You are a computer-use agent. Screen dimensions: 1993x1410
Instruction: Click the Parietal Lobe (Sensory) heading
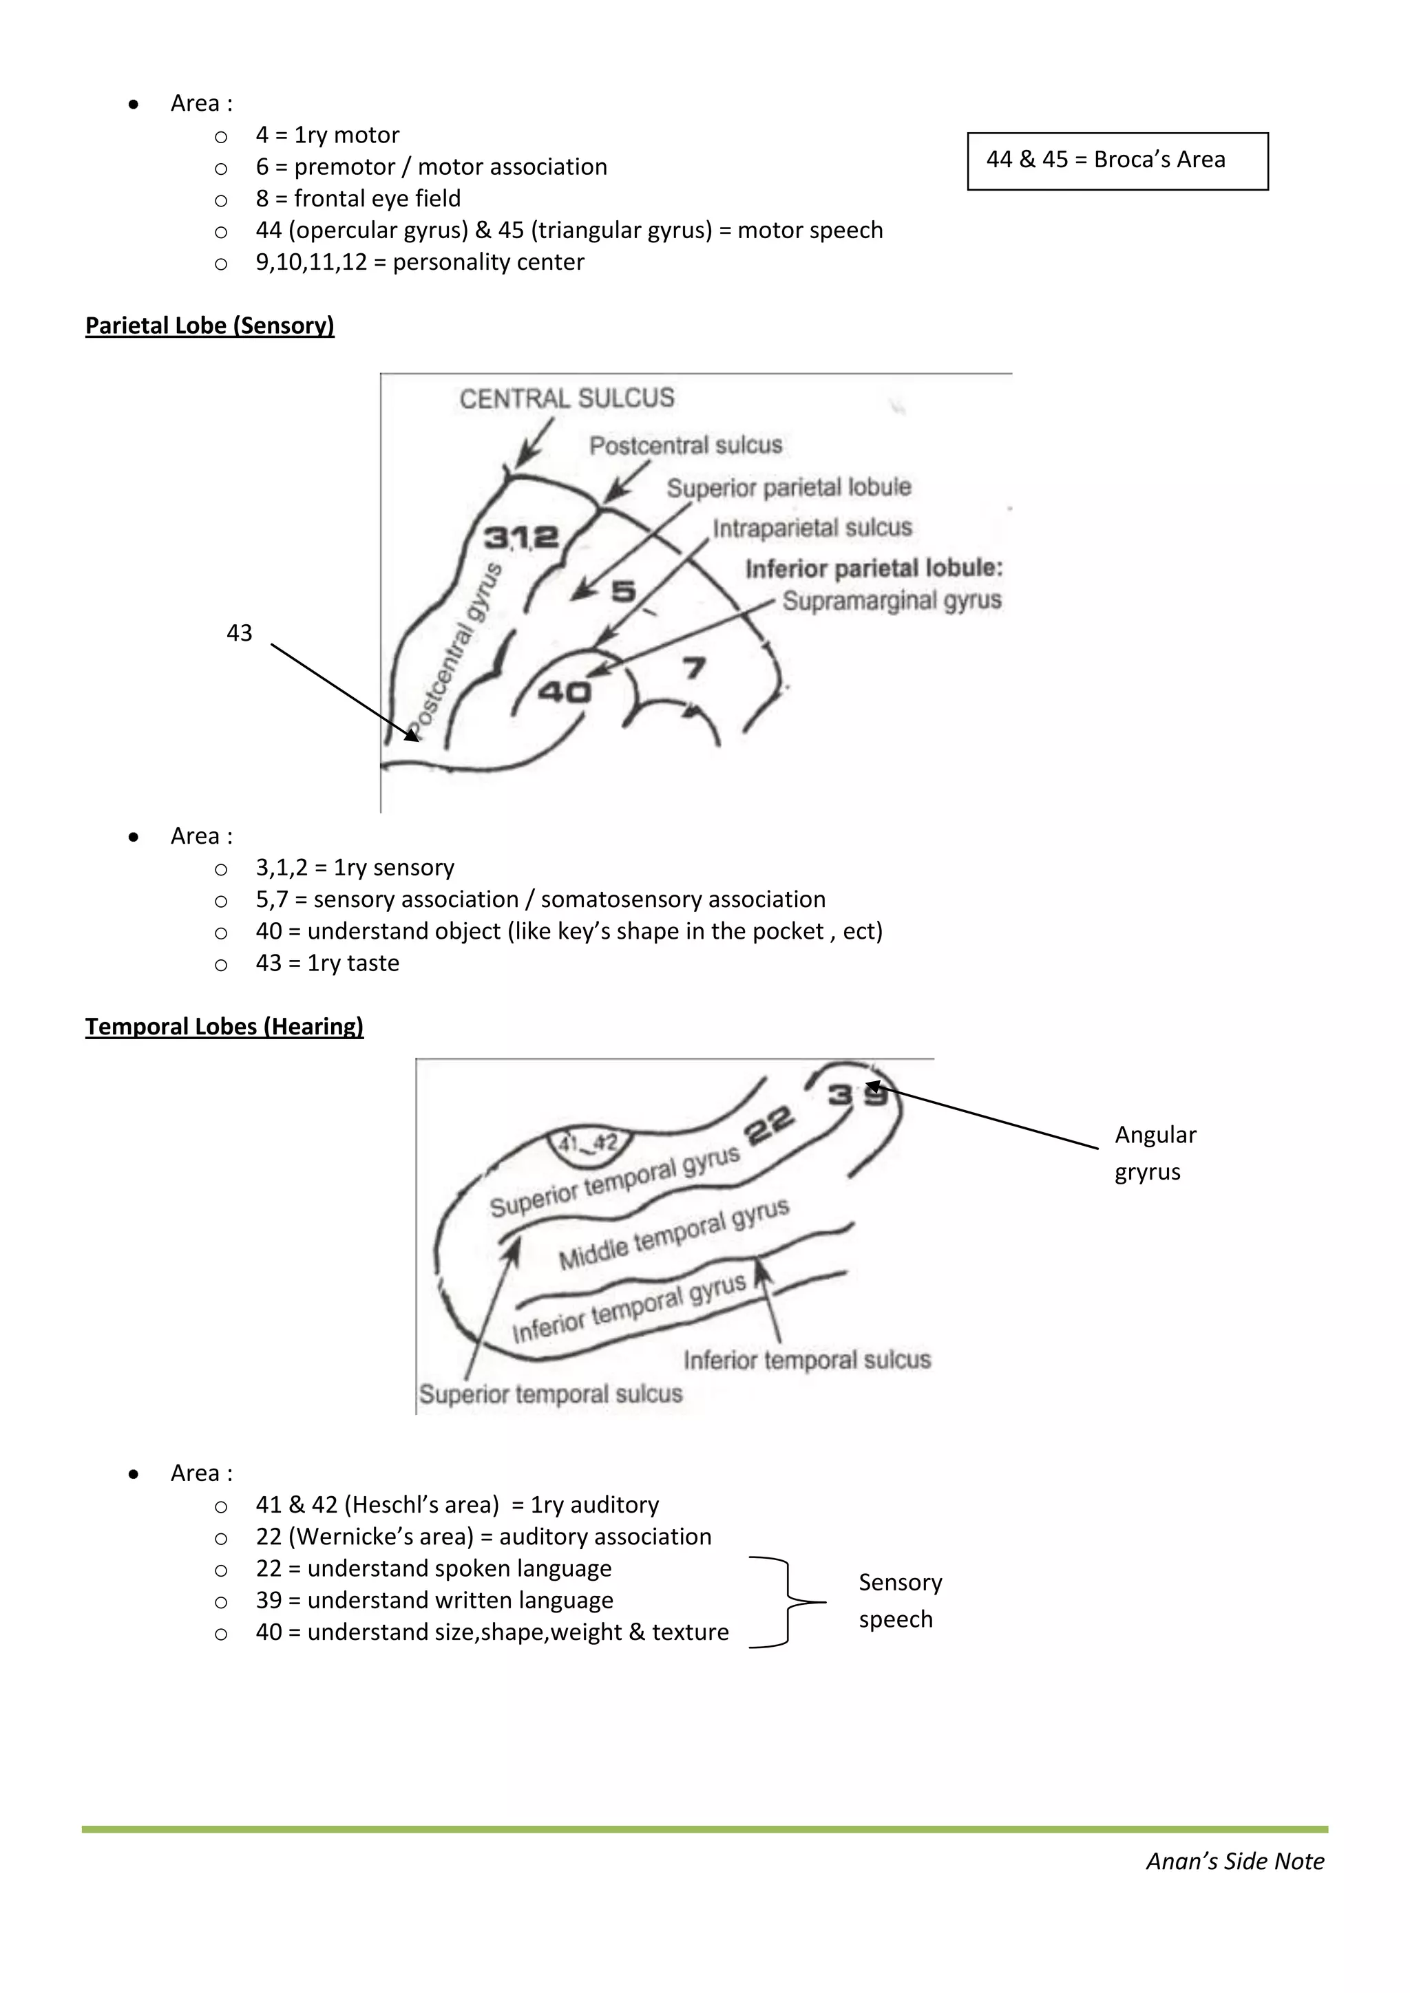coord(209,326)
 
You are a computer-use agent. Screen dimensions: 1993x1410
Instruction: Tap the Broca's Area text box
coord(1117,160)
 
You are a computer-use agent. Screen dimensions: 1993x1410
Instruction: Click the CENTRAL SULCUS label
coord(566,398)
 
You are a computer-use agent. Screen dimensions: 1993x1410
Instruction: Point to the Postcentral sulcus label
coord(685,445)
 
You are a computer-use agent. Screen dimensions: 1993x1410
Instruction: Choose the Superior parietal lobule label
coord(788,487)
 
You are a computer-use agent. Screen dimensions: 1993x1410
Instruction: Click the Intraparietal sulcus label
coord(812,528)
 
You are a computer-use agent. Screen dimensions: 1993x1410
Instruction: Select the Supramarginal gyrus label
coord(892,601)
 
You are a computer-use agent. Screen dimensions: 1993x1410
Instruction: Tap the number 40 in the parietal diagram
coord(565,692)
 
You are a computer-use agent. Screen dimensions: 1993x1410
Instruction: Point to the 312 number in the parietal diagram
coord(521,537)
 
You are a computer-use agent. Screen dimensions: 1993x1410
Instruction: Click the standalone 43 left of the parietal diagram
coord(239,633)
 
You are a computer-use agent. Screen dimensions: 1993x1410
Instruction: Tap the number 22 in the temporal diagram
coord(769,1126)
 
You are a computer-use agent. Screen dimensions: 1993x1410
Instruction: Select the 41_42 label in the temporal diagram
coord(588,1144)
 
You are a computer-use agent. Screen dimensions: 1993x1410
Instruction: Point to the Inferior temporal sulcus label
coord(807,1359)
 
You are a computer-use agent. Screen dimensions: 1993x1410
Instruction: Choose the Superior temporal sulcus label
coord(551,1394)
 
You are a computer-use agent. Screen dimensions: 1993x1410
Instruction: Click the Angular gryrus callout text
coord(1155,1153)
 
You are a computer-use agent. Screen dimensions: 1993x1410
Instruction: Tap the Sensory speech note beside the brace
coord(899,1600)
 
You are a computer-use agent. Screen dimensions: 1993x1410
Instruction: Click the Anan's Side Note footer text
coord(1234,1861)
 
